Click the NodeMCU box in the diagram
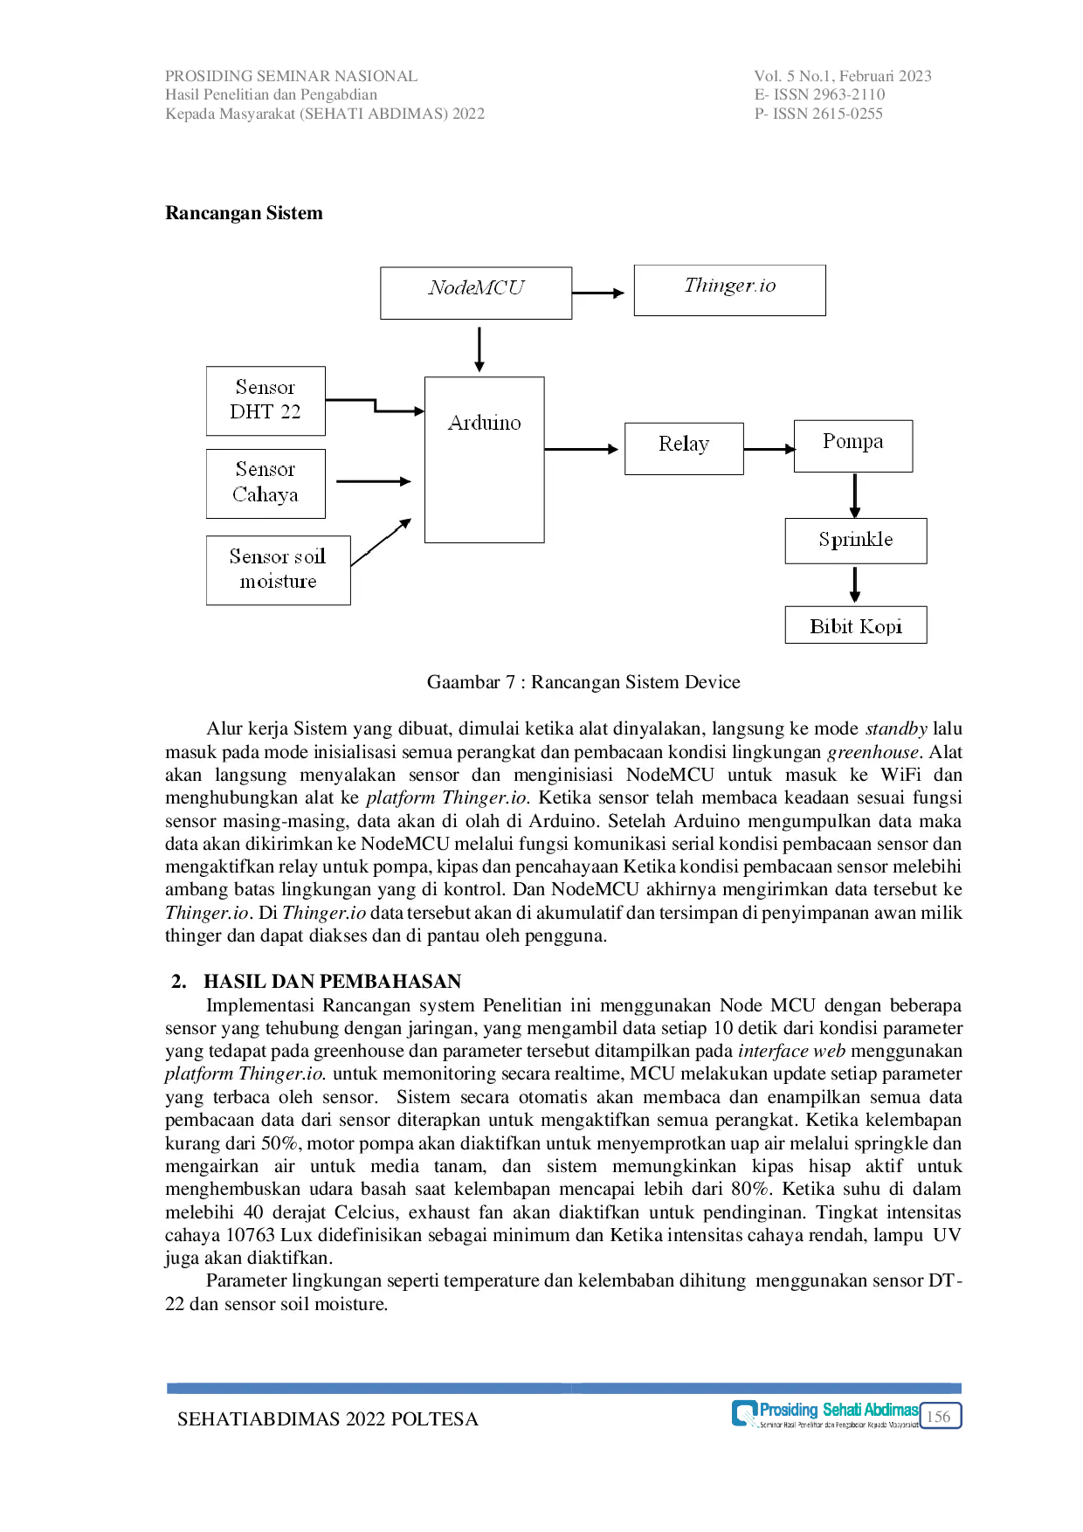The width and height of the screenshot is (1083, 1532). point(476,293)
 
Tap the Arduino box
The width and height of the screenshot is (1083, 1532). point(484,459)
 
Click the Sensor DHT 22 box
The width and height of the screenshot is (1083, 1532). point(266,401)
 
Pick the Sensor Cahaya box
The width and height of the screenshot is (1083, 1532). point(266,484)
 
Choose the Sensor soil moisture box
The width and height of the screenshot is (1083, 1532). point(278,570)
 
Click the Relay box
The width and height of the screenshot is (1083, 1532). point(684,449)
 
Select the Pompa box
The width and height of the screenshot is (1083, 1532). point(852,445)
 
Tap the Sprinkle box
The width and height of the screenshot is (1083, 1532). point(856,541)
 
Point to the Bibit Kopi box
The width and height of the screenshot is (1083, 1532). point(856,625)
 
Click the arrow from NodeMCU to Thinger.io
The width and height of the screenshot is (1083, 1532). point(599,293)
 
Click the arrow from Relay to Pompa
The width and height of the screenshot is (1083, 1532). point(769,449)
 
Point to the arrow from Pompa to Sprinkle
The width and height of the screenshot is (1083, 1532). point(854,495)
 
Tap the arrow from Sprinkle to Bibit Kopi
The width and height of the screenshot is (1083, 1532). point(855,584)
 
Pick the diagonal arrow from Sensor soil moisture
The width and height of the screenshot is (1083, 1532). point(381,542)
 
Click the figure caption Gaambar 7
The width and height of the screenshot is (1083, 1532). point(583,682)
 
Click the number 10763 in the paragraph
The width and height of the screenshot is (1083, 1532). point(253,1235)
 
